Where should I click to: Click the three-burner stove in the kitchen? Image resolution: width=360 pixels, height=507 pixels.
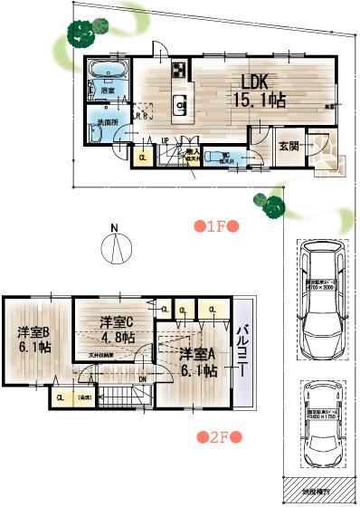pos(177,69)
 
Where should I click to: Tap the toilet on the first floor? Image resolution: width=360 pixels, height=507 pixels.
pos(214,156)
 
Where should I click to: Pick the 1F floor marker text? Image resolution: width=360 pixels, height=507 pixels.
pos(215,226)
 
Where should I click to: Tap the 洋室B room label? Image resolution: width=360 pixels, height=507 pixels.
pos(33,331)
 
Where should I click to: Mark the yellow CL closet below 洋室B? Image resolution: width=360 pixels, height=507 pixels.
pos(60,397)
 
